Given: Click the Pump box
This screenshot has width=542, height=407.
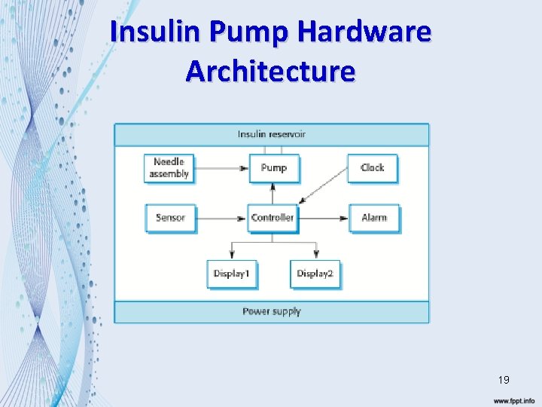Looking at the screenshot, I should (274, 168).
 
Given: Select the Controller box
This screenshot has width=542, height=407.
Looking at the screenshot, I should (273, 218).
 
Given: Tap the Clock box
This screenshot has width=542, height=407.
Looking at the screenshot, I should (372, 168).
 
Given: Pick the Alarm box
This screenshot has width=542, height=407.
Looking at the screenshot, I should (373, 218).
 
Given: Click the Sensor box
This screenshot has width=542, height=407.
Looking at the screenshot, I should (170, 218).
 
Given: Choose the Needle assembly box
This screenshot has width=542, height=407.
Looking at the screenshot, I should (169, 168).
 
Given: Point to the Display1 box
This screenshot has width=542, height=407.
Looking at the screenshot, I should (231, 274).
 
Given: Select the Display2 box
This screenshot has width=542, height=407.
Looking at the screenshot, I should (314, 274).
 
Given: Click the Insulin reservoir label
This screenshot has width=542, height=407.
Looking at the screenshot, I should (272, 135).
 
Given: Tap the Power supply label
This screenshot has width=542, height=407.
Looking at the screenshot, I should (272, 311).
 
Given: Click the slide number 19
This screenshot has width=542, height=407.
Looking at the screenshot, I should (503, 380).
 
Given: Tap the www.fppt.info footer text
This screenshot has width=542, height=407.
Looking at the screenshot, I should (513, 401).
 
